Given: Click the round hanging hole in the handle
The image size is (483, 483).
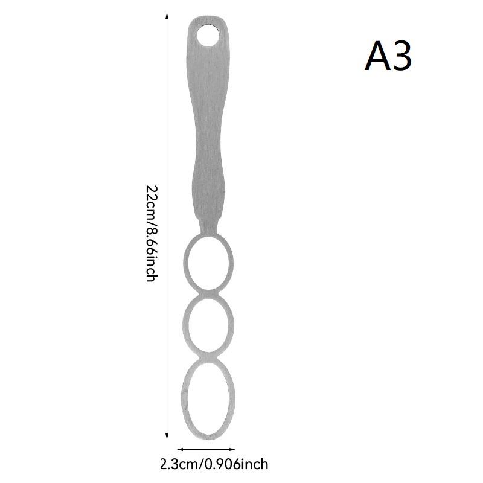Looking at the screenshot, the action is click(x=208, y=36).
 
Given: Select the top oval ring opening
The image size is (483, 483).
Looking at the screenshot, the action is click(x=208, y=263).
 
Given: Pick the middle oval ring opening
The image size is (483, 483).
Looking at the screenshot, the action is click(x=208, y=325).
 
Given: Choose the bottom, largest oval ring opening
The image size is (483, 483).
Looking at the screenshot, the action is click(x=208, y=398).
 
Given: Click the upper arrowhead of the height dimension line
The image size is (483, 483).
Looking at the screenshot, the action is click(x=167, y=16).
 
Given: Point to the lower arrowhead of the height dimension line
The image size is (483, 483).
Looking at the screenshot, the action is click(x=167, y=435).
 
